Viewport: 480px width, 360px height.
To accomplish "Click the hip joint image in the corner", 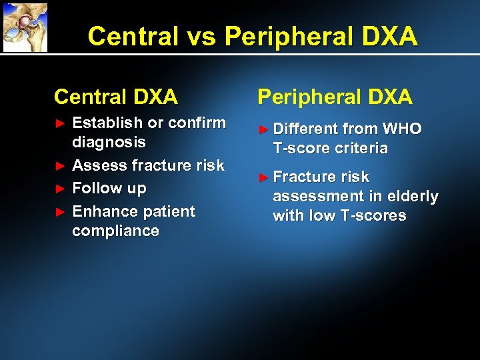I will tap(25, 27).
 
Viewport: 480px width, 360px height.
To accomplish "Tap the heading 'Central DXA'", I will tap(115, 97).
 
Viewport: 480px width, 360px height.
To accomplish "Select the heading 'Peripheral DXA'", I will tap(335, 97).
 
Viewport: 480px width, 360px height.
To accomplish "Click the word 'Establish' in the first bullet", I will tap(107, 123).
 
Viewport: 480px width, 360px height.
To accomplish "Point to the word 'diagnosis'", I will tap(109, 142).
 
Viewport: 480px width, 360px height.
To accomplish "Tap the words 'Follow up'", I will tap(109, 188).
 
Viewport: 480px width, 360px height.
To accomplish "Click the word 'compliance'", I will tap(115, 231).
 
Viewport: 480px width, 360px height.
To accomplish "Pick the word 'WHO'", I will tap(401, 128).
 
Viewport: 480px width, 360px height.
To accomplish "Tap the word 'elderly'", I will tap(413, 196).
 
